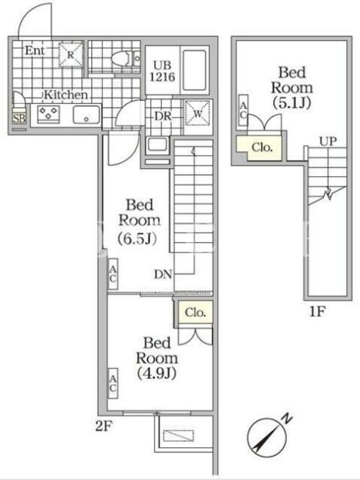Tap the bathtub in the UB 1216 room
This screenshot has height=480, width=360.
pyautogui.click(x=194, y=70)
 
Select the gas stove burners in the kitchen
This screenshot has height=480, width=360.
pyautogui.click(x=49, y=114)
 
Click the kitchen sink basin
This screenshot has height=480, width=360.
pyautogui.click(x=86, y=115)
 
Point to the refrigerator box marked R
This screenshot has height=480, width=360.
pyautogui.click(x=71, y=55)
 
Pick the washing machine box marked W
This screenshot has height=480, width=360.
pyautogui.click(x=197, y=113)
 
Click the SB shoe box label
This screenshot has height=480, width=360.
pyautogui.click(x=19, y=118)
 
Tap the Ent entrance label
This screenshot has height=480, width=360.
pyautogui.click(x=35, y=50)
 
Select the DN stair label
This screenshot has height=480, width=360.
pyautogui.click(x=163, y=274)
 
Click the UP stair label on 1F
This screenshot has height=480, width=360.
pyautogui.click(x=328, y=142)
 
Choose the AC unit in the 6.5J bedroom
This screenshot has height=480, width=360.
pyautogui.click(x=113, y=274)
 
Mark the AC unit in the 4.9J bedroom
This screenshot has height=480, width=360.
pyautogui.click(x=113, y=383)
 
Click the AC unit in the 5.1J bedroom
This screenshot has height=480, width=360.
pyautogui.click(x=243, y=110)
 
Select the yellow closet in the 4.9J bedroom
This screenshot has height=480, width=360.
pyautogui.click(x=195, y=312)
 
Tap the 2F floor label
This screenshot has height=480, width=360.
pyautogui.click(x=104, y=426)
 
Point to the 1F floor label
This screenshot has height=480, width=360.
pyautogui.click(x=317, y=311)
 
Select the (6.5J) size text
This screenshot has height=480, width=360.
pyautogui.click(x=137, y=239)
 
